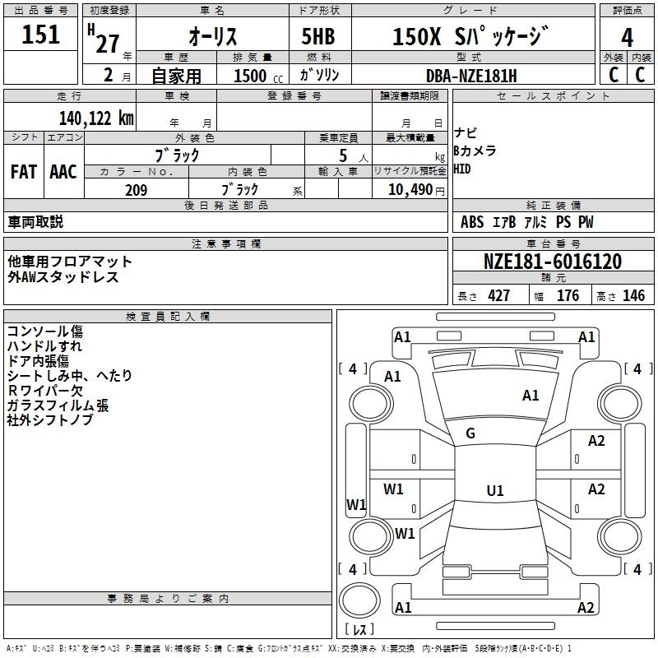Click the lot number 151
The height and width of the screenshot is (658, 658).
tap(40, 35)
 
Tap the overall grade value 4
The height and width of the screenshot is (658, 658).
tap(627, 38)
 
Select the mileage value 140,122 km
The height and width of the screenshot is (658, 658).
tap(96, 118)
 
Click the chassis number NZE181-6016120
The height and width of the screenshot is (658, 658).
tap(552, 262)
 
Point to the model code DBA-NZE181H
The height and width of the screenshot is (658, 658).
tap(471, 76)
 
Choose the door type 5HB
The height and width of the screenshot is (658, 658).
tap(318, 36)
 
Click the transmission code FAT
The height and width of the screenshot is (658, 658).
tap(24, 172)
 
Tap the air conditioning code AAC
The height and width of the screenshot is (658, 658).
tap(63, 172)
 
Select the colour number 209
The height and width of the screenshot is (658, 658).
tap(136, 190)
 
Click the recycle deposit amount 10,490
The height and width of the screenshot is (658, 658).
tap(410, 190)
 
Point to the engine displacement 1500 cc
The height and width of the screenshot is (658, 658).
tap(258, 76)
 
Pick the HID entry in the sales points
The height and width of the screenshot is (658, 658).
tap(462, 169)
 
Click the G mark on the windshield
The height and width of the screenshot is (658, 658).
tap(470, 433)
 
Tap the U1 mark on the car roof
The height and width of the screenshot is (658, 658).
tap(495, 490)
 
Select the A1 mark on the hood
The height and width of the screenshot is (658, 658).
tap(531, 396)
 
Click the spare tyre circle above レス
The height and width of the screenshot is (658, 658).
tap(359, 600)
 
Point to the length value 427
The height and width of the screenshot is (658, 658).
tap(499, 296)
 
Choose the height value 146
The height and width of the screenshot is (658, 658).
tap(633, 296)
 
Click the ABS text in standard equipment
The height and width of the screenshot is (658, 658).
tap(472, 222)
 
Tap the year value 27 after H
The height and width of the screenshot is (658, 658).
tap(108, 44)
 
